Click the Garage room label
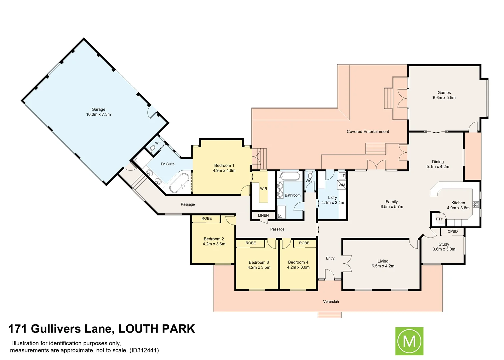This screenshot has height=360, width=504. click(x=98, y=109)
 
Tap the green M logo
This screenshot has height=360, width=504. click(x=409, y=341)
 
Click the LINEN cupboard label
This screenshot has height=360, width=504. click(x=263, y=216)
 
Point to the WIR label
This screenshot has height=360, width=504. click(x=264, y=189)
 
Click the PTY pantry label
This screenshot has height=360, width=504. click(x=439, y=219)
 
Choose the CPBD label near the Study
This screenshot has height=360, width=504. click(x=453, y=231)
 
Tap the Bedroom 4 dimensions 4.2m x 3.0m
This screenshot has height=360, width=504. click(x=298, y=267)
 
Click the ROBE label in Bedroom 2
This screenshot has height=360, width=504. click(x=207, y=219)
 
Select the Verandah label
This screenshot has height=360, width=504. click(x=331, y=302)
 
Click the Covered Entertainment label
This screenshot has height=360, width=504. click(x=368, y=132)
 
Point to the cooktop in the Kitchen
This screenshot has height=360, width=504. click(x=476, y=204)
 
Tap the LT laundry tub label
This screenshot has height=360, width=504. click(x=342, y=176)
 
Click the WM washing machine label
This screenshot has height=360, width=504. click(x=342, y=185)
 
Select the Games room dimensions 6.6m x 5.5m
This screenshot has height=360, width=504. click(x=444, y=98)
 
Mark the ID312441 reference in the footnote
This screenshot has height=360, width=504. click(x=144, y=350)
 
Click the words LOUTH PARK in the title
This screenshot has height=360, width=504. click(x=157, y=329)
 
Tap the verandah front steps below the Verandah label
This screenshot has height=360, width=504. click(x=330, y=315)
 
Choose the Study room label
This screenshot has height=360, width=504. click(x=444, y=244)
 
